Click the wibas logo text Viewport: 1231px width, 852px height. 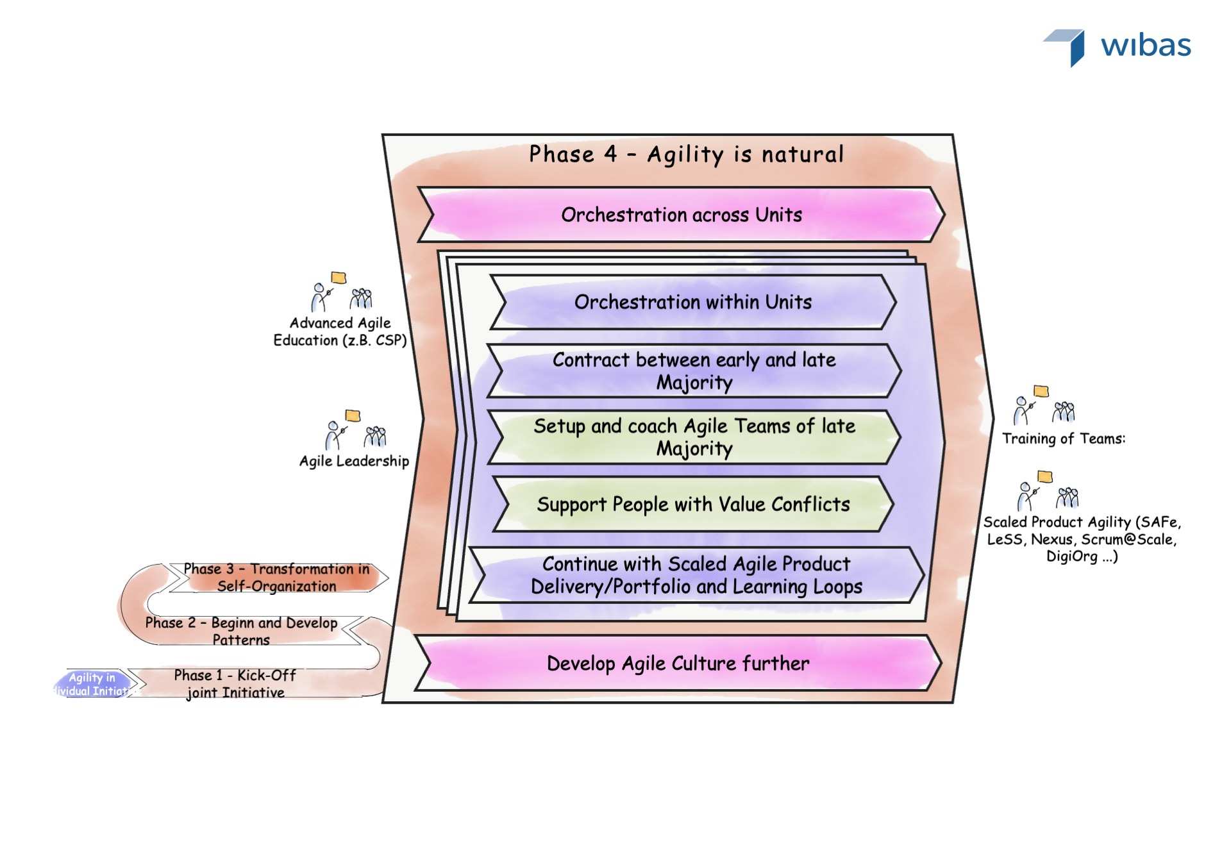coord(1146,46)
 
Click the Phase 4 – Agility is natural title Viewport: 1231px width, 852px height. coord(685,155)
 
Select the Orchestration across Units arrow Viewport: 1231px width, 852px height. coord(681,215)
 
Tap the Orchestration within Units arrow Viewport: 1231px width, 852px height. coord(692,302)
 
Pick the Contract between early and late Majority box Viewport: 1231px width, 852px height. coord(694,371)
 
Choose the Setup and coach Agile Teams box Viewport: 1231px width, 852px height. coord(694,437)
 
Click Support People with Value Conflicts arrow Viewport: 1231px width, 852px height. coord(692,504)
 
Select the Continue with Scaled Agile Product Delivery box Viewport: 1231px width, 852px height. coord(696,575)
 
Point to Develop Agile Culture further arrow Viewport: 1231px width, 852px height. coord(678,663)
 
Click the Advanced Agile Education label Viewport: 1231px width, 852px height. coord(340,331)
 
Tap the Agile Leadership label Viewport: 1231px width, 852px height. coord(354,461)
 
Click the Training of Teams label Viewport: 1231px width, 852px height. coord(1063,439)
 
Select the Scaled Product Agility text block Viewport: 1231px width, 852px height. coord(1082,539)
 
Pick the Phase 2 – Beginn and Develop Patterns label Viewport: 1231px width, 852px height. coord(241,631)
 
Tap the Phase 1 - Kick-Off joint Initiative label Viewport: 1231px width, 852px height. coord(235,683)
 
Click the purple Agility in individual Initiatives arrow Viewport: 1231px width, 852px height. coord(94,684)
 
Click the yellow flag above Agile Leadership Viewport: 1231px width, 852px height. coord(353,415)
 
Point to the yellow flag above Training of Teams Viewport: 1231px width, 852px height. coord(1041,391)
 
